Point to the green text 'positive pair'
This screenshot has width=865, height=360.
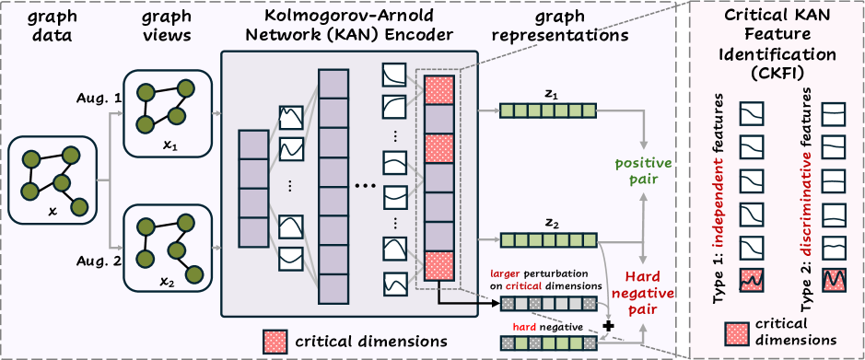(644, 172)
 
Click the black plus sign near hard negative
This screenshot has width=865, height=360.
(607, 325)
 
